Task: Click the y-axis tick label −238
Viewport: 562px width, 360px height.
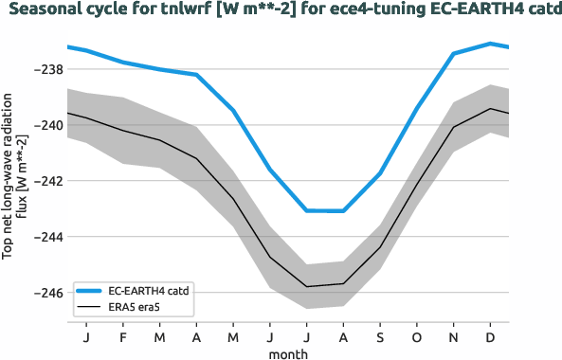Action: pyautogui.click(x=48, y=70)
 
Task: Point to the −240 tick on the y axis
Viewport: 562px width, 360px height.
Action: pyautogui.click(x=48, y=126)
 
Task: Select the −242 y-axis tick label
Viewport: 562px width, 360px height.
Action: pyautogui.click(x=48, y=181)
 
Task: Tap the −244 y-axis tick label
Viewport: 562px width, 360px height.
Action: pyautogui.click(x=48, y=237)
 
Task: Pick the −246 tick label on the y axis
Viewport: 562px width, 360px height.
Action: pyautogui.click(x=48, y=293)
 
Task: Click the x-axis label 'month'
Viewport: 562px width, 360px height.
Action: pyautogui.click(x=288, y=351)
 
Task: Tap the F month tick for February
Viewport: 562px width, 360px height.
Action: pyautogui.click(x=123, y=336)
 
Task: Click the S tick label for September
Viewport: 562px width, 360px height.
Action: pyautogui.click(x=380, y=336)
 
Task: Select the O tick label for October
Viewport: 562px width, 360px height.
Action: pyautogui.click(x=417, y=336)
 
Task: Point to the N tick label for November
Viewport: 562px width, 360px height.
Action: pyautogui.click(x=454, y=336)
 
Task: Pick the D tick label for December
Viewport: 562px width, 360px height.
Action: pyautogui.click(x=490, y=336)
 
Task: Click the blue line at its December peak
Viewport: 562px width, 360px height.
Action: pyautogui.click(x=490, y=43)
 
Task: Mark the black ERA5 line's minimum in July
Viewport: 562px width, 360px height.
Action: pyautogui.click(x=307, y=286)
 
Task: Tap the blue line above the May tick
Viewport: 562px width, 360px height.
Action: pyautogui.click(x=233, y=110)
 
